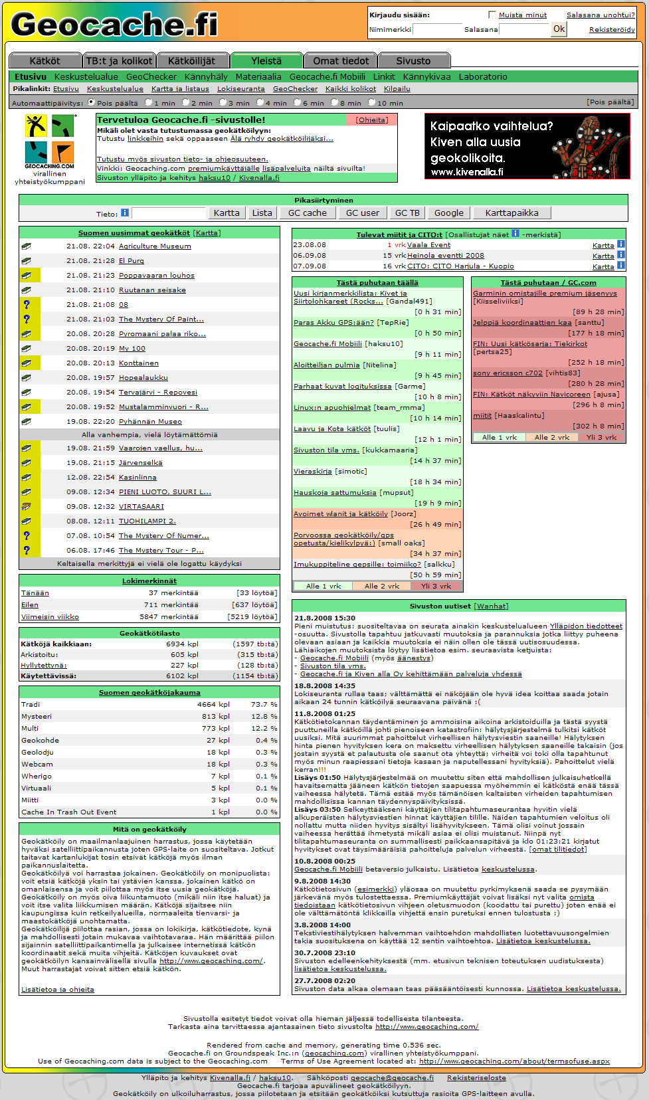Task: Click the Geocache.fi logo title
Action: tap(114, 25)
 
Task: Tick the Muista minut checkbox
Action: tap(492, 15)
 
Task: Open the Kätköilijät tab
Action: tap(191, 60)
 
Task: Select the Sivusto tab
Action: tap(413, 60)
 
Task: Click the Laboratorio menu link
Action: tap(483, 76)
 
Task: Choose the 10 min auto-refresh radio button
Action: tap(372, 103)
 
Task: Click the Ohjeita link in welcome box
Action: tap(371, 120)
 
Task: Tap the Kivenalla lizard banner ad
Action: tap(527, 146)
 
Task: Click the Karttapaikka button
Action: tap(511, 213)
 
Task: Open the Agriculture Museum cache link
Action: tap(155, 246)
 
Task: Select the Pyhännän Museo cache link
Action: tap(150, 421)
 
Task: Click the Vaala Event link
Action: tap(428, 244)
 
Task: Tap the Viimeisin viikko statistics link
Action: tap(50, 616)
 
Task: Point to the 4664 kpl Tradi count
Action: tap(213, 704)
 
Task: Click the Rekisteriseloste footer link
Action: tap(476, 1077)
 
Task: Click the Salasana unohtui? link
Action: tap(601, 15)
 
